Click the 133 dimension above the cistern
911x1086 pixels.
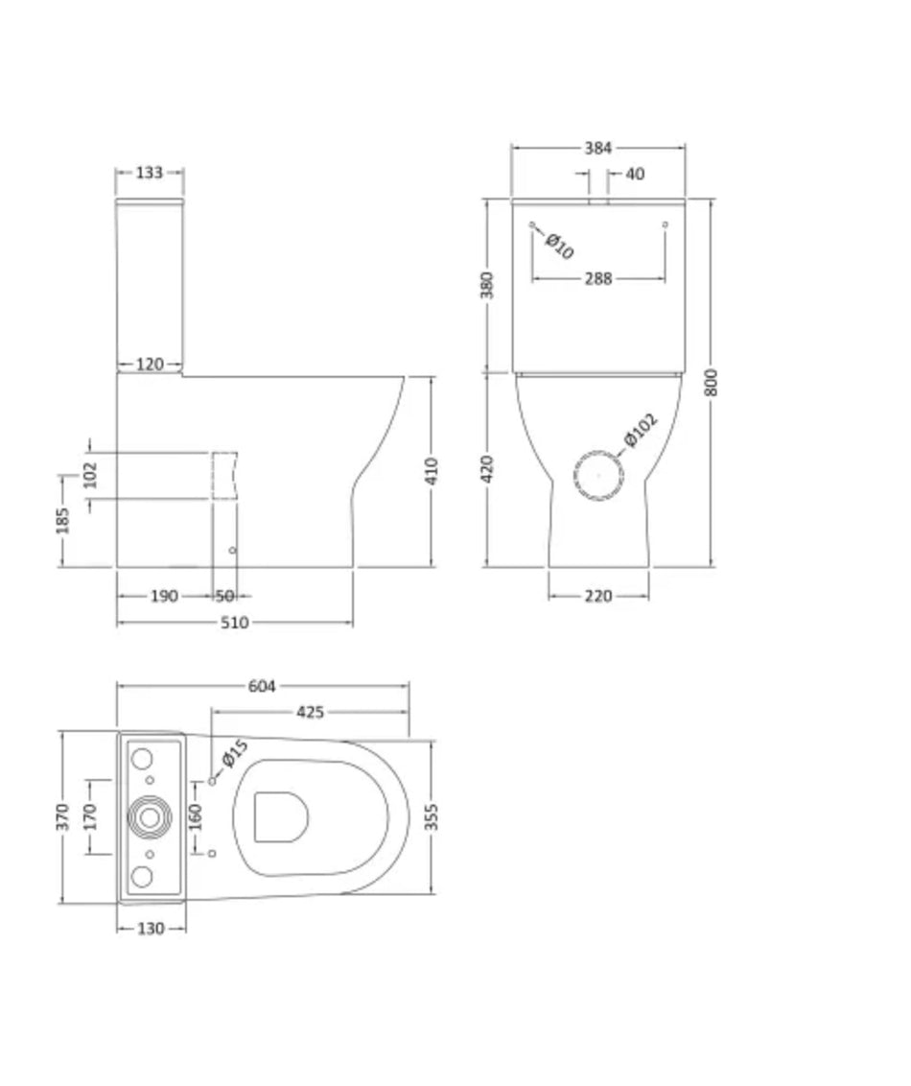[x=149, y=173]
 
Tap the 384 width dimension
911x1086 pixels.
[x=598, y=148]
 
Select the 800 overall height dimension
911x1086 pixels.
[x=711, y=383]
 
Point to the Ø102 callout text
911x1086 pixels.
[x=641, y=430]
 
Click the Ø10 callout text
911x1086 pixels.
[x=559, y=247]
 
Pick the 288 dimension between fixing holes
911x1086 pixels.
[x=598, y=278]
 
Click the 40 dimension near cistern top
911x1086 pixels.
[x=635, y=174]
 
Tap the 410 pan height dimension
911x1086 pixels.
[x=432, y=471]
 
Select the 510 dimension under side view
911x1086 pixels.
[x=235, y=623]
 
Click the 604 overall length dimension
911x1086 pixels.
[x=262, y=686]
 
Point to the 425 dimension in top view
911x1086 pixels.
[x=310, y=712]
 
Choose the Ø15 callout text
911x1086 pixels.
[x=235, y=754]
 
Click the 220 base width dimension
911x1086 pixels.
[x=598, y=597]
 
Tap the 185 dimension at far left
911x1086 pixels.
[x=62, y=521]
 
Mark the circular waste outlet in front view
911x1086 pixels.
[x=598, y=475]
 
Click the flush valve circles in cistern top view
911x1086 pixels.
[x=150, y=817]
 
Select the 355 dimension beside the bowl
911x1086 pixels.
[x=432, y=817]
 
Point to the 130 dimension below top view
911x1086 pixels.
[x=151, y=929]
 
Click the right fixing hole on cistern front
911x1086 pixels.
[x=666, y=224]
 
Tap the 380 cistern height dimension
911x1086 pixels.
[x=487, y=285]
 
